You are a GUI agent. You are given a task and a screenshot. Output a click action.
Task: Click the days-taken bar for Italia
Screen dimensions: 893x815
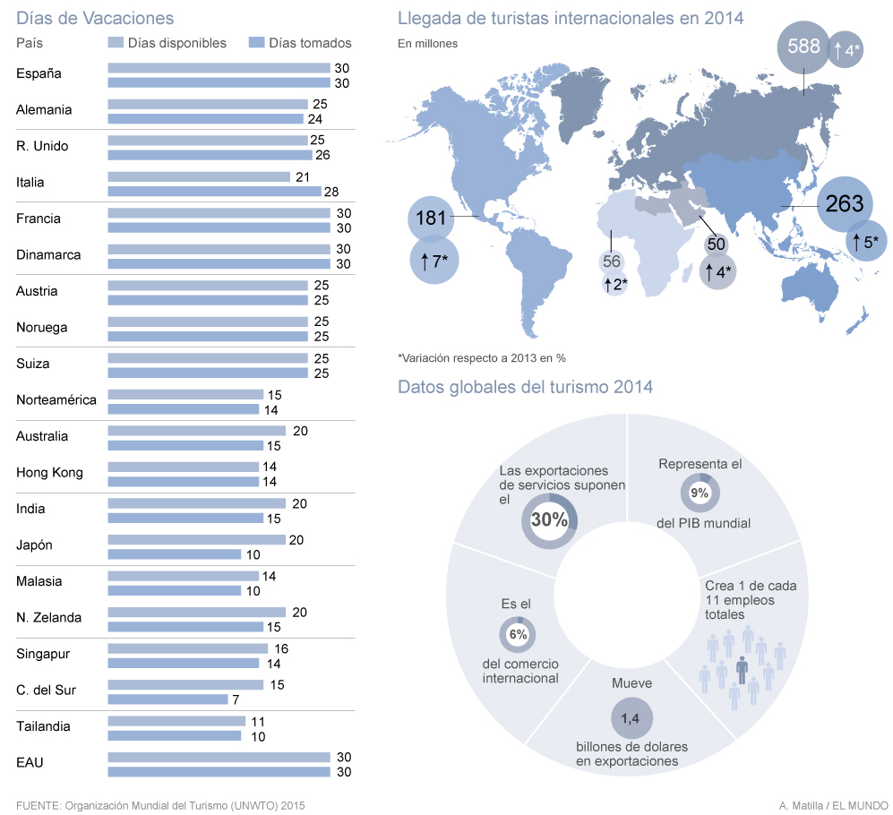point(214,192)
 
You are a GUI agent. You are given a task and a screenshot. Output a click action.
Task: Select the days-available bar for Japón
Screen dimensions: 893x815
point(196,539)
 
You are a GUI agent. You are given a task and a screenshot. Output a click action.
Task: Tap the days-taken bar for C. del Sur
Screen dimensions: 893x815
point(167,699)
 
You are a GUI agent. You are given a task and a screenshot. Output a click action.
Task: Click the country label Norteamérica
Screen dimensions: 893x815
point(56,399)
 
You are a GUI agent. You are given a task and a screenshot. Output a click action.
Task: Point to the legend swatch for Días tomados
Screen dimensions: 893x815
point(256,43)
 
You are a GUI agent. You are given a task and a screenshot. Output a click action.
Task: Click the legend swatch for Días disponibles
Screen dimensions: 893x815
point(116,43)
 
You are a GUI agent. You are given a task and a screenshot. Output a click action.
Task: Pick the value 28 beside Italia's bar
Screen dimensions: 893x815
point(331,192)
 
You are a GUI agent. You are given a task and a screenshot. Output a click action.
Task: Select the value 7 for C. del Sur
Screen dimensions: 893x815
point(236,700)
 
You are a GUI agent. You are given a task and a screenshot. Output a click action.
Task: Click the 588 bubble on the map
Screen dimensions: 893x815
point(803,47)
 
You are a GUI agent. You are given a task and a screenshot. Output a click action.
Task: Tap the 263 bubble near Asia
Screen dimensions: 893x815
point(845,204)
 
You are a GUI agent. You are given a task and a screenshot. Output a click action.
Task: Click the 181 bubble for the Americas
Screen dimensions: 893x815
point(431,219)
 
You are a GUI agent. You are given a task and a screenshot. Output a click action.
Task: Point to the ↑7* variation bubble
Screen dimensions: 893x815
point(434,261)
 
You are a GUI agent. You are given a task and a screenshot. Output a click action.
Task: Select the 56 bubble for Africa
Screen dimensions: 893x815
point(612,262)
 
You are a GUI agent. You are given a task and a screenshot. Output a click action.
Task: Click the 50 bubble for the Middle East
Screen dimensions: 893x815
point(716,244)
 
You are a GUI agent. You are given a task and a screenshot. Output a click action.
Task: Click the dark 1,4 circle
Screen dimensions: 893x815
point(631,719)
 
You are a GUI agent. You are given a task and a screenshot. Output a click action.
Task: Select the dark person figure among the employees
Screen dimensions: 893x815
point(743,670)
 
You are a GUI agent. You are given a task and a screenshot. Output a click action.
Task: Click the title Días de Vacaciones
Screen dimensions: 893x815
point(95,18)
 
